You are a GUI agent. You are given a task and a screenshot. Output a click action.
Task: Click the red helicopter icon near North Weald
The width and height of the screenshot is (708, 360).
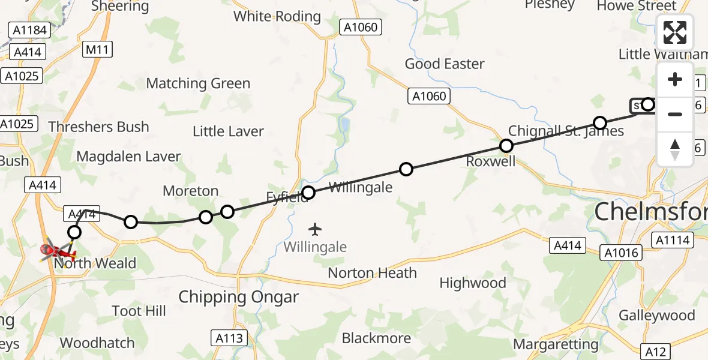coord(56,250)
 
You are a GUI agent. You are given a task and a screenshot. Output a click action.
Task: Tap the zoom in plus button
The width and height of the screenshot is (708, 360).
coord(675,80)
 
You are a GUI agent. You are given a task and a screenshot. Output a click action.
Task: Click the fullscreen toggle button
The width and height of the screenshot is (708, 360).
coord(675,32)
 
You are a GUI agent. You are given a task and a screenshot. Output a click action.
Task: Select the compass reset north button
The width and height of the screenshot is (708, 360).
coord(675,149)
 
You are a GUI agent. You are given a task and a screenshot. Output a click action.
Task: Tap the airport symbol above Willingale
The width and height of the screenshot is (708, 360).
coord(314,229)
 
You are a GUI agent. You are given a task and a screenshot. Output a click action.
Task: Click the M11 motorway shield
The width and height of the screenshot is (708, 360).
coord(97,49)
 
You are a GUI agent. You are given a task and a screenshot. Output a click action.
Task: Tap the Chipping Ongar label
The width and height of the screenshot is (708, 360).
coord(238,297)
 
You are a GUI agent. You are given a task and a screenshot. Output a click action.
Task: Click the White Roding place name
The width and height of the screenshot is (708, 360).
coord(277,16)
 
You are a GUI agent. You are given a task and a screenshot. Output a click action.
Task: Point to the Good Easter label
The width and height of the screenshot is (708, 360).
coord(445,64)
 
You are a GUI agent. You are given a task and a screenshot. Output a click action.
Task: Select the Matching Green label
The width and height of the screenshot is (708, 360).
coord(198,83)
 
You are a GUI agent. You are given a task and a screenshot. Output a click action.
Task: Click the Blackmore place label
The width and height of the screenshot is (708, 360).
coord(376,338)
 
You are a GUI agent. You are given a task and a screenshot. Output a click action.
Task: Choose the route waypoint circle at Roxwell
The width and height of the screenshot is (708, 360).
coord(506,146)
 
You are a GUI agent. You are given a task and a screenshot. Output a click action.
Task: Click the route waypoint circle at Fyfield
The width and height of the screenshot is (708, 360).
coord(308,193)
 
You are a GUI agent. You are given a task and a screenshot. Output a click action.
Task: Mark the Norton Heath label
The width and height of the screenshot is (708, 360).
coord(372,273)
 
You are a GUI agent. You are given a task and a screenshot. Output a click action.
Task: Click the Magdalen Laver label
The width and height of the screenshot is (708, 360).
coord(129,157)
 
